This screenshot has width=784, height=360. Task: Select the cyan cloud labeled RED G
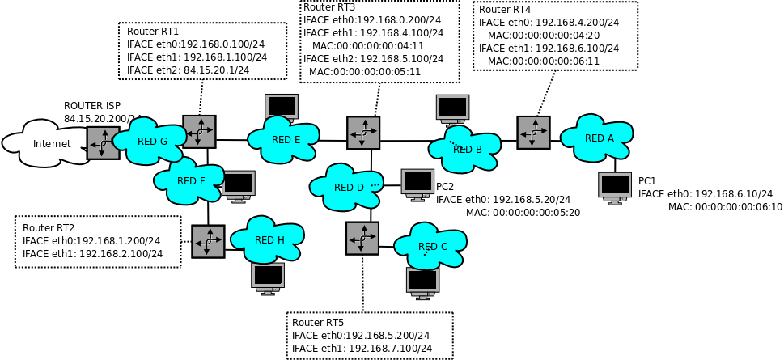[151, 141]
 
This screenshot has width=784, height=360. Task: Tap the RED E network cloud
[285, 139]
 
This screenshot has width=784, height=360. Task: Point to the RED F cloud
[189, 180]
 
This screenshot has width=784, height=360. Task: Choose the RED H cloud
[268, 239]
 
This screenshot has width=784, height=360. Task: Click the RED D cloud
[348, 187]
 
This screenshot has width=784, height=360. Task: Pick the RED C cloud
[431, 246]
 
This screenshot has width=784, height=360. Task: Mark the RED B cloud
[465, 149]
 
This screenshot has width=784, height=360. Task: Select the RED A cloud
[598, 138]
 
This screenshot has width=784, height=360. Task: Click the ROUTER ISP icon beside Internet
[103, 143]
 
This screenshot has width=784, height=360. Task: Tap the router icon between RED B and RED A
[533, 133]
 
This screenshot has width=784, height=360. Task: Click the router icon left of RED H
[208, 241]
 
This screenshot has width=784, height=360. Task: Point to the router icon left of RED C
[362, 239]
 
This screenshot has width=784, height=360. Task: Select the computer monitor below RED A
[615, 187]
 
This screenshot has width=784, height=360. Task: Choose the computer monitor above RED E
[282, 107]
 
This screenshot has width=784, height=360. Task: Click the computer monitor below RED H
[268, 277]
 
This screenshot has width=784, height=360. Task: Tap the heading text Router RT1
[153, 32]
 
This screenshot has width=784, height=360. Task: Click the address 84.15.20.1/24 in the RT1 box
[216, 70]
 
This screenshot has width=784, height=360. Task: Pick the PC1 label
[647, 180]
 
